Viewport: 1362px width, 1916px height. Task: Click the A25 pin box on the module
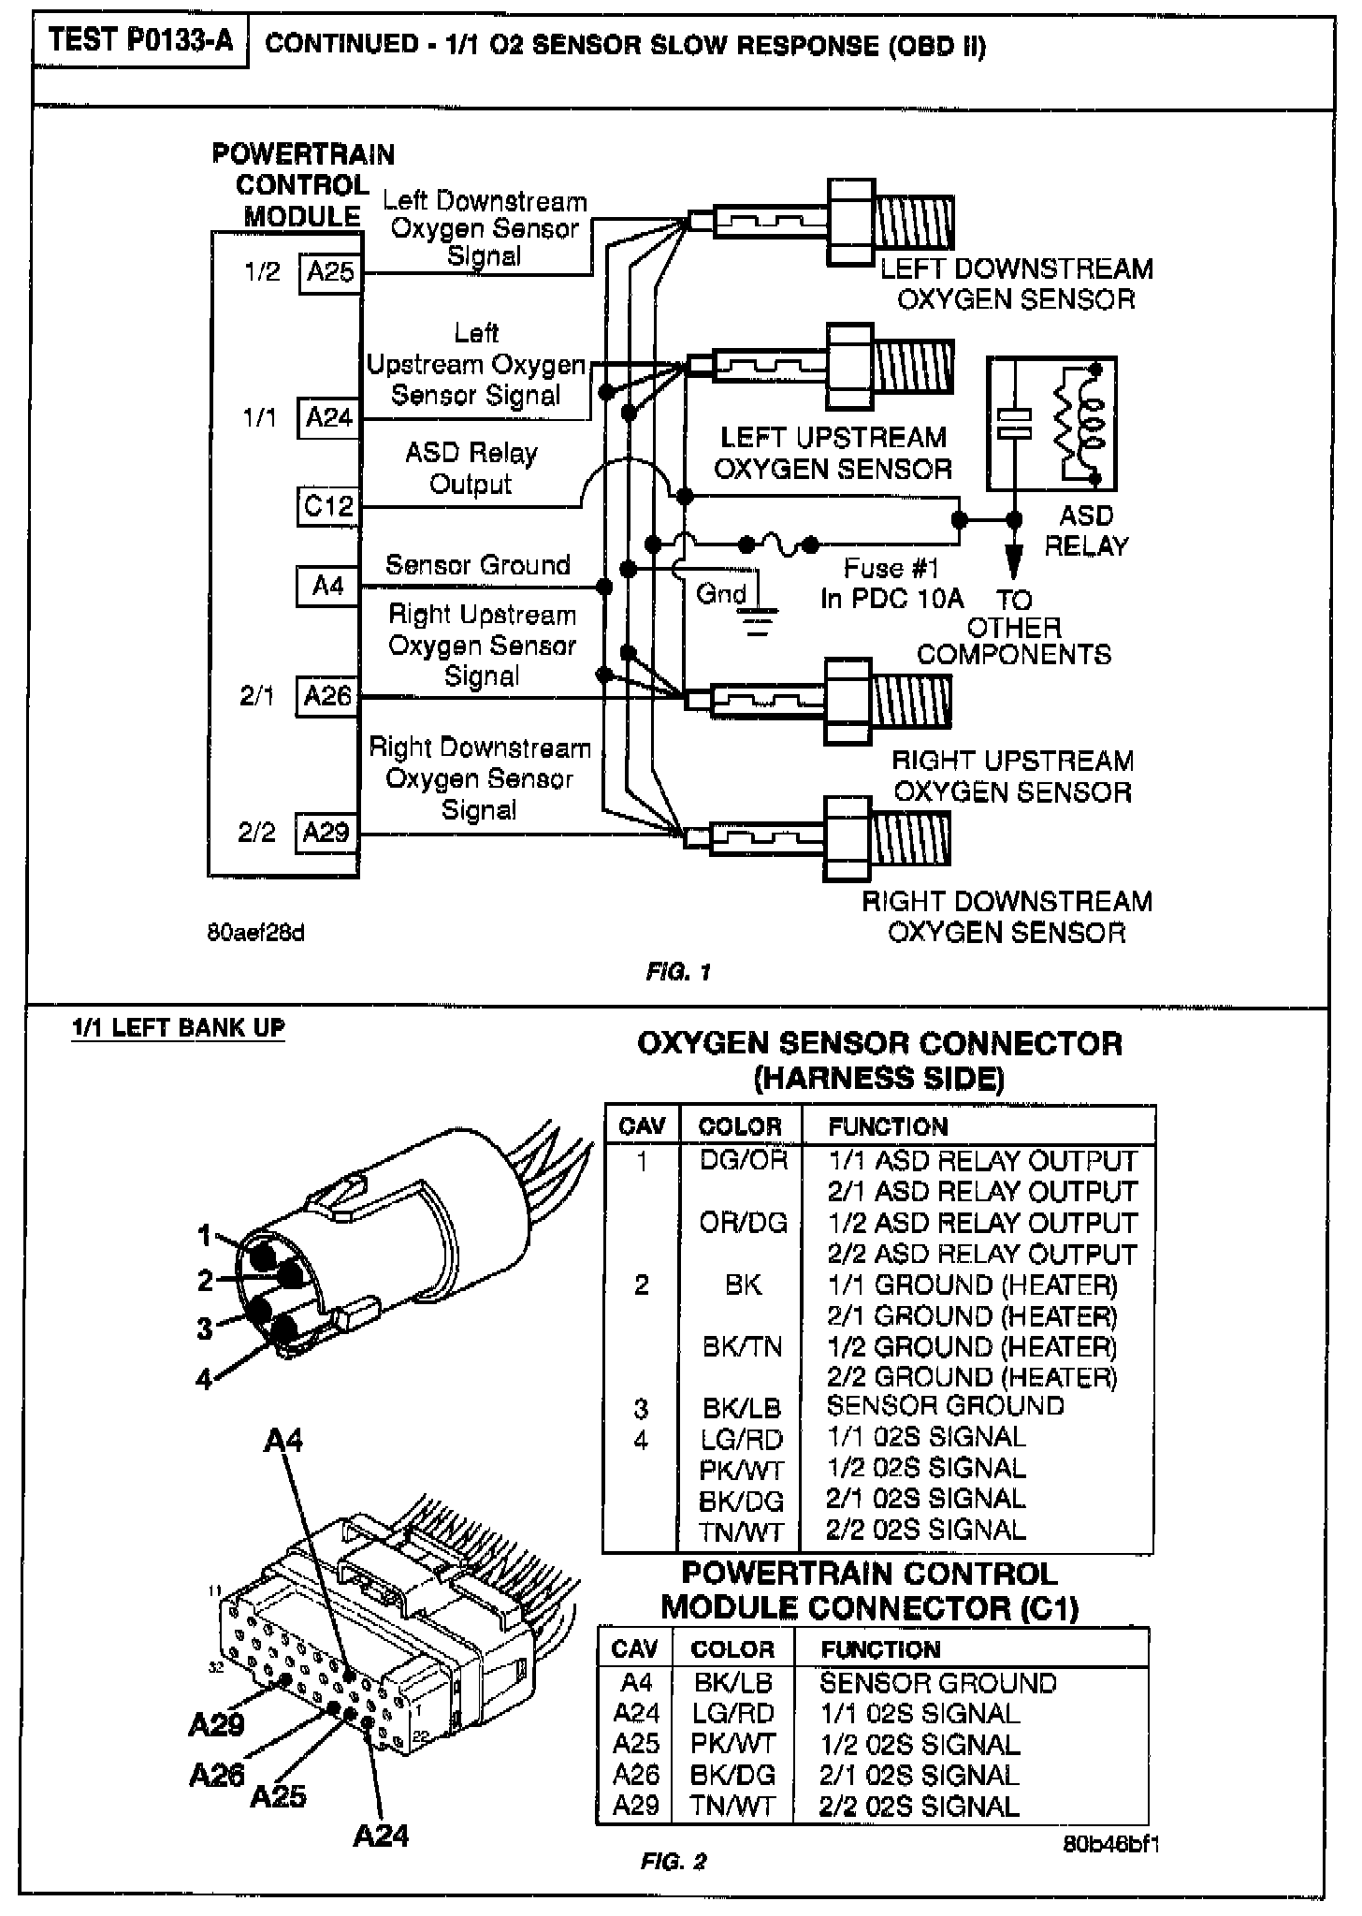(330, 272)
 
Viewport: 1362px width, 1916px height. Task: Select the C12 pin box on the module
(328, 506)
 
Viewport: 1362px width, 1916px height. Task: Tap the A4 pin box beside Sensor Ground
(327, 587)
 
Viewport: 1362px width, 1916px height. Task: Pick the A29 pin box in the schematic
(326, 832)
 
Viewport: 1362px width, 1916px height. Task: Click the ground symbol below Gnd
(758, 620)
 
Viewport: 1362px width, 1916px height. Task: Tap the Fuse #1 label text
(891, 569)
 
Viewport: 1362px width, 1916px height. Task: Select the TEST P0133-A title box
(140, 42)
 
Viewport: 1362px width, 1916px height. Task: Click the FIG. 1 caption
(678, 972)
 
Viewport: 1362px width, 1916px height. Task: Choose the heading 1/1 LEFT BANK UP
(178, 1028)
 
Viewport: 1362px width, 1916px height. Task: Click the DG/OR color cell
(743, 1161)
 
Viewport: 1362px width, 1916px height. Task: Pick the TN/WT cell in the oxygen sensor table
(741, 1531)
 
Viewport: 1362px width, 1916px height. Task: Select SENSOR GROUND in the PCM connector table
(937, 1683)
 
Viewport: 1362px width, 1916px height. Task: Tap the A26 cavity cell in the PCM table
(635, 1775)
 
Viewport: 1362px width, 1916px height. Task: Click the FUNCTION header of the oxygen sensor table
(888, 1126)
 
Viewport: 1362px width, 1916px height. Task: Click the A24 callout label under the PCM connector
(380, 1836)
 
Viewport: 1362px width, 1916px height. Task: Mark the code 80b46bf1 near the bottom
(1110, 1844)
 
